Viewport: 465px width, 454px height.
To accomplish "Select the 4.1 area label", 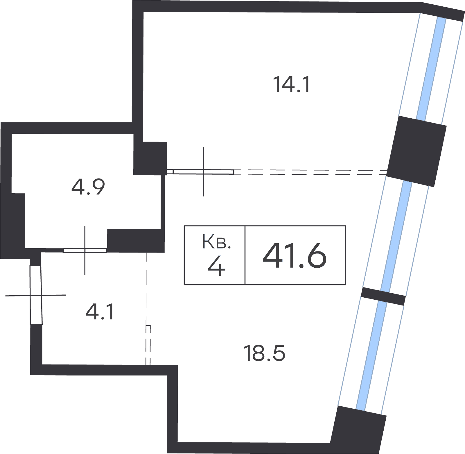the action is [99, 312].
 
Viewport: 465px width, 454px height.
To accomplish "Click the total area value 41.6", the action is [295, 256].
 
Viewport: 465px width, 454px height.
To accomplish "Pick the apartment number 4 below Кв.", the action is [216, 267].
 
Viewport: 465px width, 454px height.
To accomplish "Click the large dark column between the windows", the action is [416, 151].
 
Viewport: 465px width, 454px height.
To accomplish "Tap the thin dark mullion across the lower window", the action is [383, 296].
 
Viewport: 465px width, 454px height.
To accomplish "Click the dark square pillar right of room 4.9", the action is [150, 158].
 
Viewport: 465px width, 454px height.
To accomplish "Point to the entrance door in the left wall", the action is [36, 295].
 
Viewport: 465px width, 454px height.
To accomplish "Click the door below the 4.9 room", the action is [85, 250].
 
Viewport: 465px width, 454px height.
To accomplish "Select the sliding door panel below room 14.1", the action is [203, 172].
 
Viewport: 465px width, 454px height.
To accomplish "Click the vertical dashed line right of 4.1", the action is [147, 308].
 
